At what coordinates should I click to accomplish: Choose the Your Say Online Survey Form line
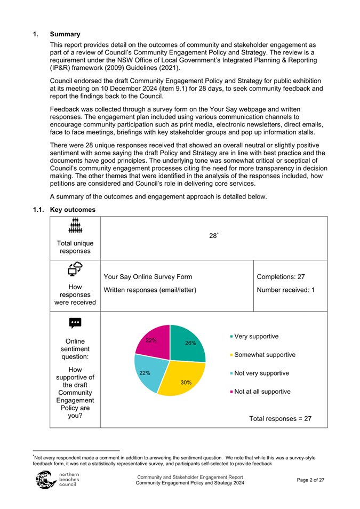coord(148,276)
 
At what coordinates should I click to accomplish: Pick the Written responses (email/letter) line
coord(150,290)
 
